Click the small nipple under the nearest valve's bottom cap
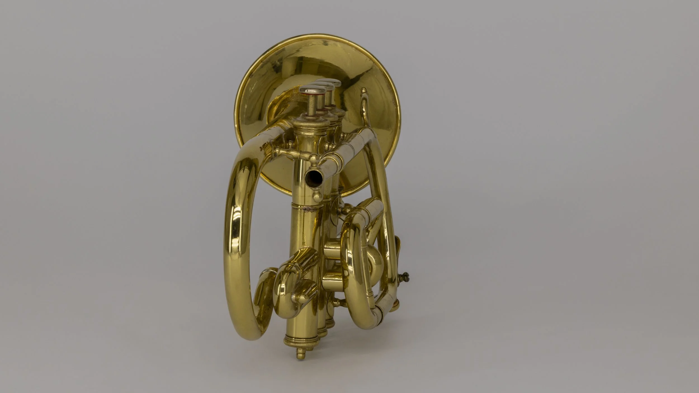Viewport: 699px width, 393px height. (299, 354)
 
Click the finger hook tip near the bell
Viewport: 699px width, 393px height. (364, 91)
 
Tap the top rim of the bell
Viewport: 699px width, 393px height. (319, 43)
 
